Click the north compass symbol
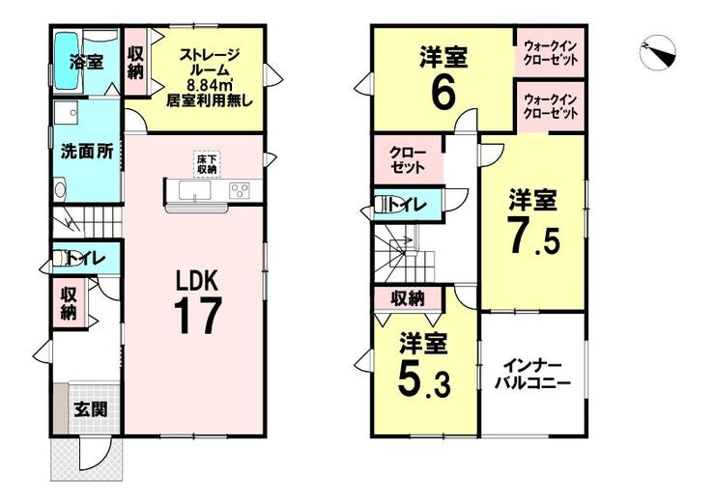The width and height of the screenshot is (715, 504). point(658,53)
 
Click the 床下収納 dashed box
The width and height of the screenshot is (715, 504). point(207,164)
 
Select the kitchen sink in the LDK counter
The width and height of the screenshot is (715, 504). point(195,190)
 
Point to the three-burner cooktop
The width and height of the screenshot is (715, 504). point(240,190)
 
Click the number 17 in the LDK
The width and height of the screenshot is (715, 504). point(197,316)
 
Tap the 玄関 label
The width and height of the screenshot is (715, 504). point(91,409)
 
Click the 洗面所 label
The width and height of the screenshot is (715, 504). point(88,152)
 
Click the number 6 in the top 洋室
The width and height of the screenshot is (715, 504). point(443,94)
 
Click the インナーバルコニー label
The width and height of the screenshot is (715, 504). point(533,375)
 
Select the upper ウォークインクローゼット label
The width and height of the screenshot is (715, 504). point(551,53)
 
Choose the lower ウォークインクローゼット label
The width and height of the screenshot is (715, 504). point(551,106)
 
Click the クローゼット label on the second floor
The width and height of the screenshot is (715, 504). point(408,160)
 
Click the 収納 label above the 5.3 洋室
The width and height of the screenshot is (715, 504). point(408,298)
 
